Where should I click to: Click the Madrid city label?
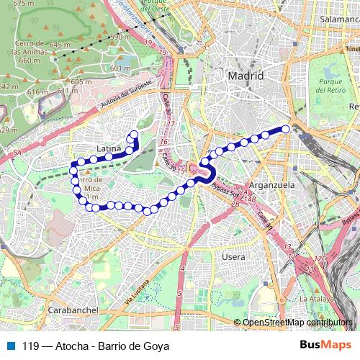click(245, 76)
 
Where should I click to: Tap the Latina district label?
click(108, 149)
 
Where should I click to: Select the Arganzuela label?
click(266, 185)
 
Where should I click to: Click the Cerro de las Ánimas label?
click(30, 52)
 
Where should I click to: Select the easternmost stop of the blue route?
click(286, 129)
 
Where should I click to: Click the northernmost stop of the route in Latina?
click(134, 134)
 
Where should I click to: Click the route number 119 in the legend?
click(30, 346)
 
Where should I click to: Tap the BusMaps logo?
click(325, 346)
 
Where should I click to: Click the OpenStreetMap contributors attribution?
click(297, 323)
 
